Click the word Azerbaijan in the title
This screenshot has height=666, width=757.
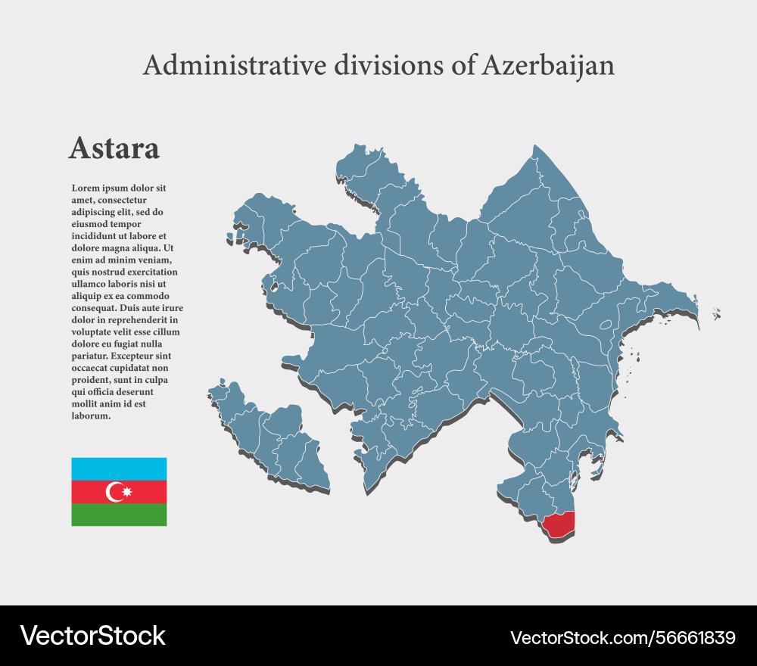[548, 66]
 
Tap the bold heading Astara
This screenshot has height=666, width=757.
[114, 148]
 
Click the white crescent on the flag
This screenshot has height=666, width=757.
[115, 493]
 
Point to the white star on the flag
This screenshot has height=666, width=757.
[126, 493]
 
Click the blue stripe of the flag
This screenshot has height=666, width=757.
[119, 468]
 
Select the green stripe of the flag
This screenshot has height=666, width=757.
[119, 515]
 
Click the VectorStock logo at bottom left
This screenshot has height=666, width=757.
[92, 636]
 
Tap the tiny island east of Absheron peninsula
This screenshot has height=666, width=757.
[716, 313]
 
